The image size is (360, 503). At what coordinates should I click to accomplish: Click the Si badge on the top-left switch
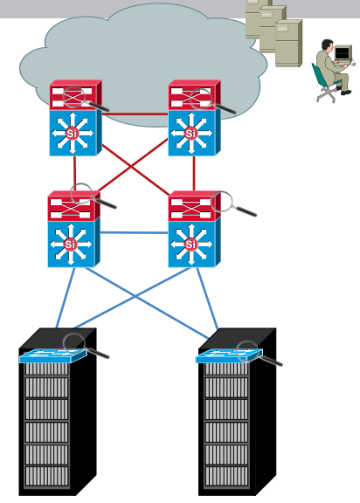point(72,133)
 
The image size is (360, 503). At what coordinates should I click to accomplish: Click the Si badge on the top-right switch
point(190,133)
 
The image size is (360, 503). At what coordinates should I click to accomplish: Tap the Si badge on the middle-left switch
point(70,245)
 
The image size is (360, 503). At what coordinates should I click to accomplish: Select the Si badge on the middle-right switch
point(190,245)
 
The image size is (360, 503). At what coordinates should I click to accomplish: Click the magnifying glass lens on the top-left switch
point(73,97)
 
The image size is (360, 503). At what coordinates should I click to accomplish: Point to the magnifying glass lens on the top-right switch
point(201,99)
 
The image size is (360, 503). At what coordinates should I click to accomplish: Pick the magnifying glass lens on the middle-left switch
point(81,194)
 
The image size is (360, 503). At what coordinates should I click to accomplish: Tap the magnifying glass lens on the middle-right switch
point(221,201)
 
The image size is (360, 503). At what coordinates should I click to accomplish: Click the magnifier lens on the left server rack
point(74,343)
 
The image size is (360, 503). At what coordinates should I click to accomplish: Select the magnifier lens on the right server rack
point(247,351)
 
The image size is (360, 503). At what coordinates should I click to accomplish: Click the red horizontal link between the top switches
point(135,114)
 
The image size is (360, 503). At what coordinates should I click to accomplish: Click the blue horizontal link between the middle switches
point(134,232)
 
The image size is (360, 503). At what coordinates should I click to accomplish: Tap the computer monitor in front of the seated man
point(343,53)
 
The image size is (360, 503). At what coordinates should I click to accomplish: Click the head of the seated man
point(328,45)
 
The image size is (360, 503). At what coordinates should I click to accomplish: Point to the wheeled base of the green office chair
point(326,95)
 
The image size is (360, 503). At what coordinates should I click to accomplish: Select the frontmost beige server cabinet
point(288,44)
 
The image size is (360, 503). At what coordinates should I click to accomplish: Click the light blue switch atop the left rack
point(53,356)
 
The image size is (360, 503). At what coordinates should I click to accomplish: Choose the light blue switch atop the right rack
point(229,356)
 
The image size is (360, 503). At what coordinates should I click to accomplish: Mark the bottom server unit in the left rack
point(47,477)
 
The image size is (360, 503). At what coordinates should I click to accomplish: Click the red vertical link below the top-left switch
point(75,173)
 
